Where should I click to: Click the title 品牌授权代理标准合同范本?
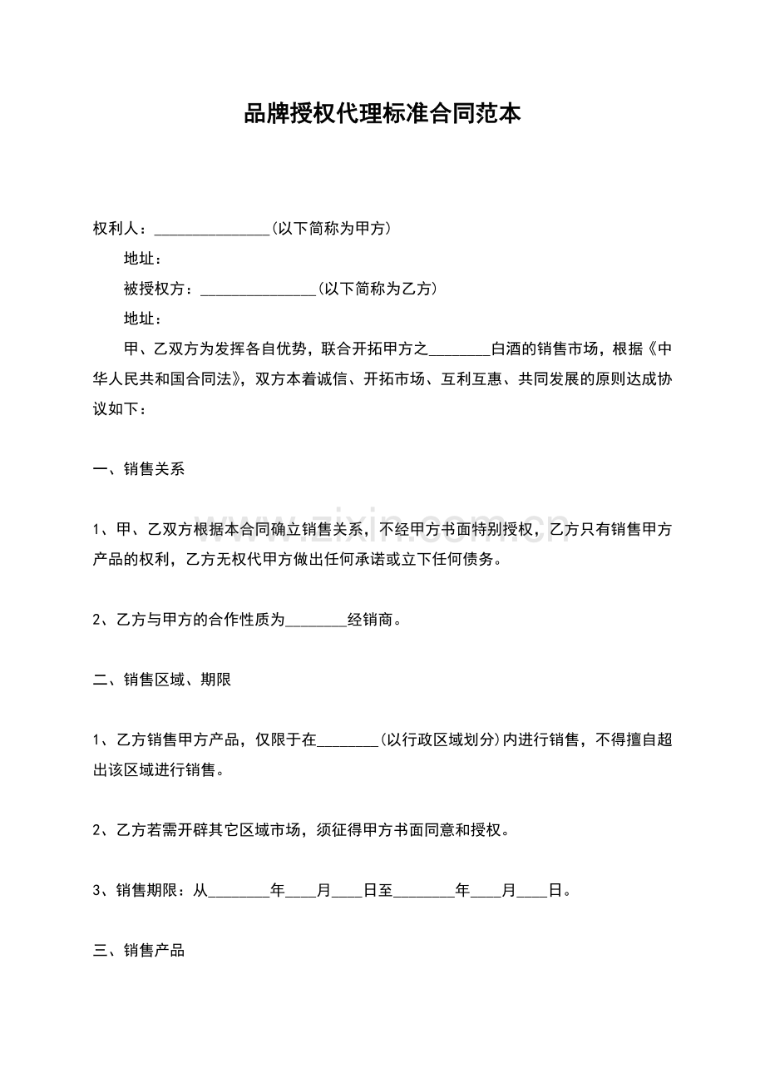tap(382, 114)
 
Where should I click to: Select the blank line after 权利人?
tap(212, 230)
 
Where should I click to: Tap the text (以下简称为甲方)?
tap(332, 229)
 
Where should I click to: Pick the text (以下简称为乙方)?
tap(378, 289)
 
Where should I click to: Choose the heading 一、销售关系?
tap(138, 469)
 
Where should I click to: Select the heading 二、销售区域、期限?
tap(161, 680)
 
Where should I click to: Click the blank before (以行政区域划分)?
tap(348, 742)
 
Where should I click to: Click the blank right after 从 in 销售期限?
tap(239, 893)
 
